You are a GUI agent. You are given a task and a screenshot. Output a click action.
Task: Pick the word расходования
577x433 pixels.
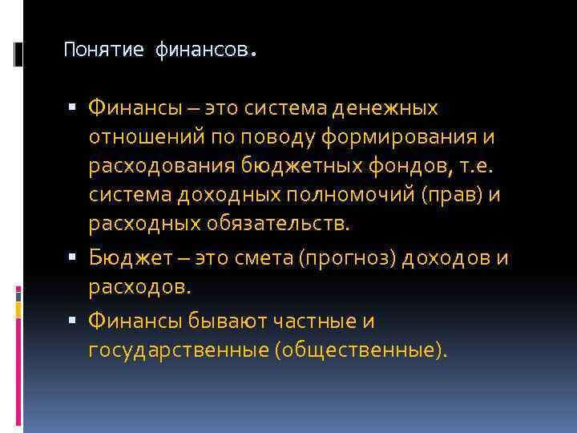pyautogui.click(x=160, y=166)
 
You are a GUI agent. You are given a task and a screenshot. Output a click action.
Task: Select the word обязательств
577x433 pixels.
pyautogui.click(x=283, y=224)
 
